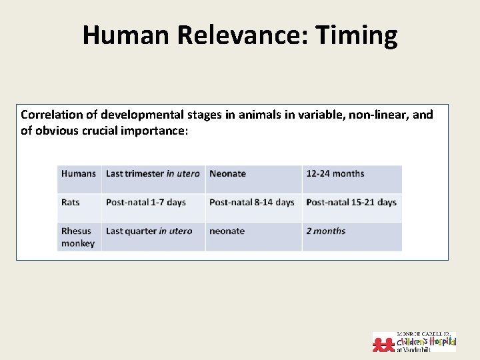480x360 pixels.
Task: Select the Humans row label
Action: click(x=79, y=173)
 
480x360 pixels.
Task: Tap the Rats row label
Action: click(x=71, y=202)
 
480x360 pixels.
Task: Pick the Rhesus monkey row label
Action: click(x=79, y=237)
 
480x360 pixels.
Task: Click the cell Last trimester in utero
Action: click(x=153, y=173)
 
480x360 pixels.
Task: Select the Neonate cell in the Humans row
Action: click(x=227, y=173)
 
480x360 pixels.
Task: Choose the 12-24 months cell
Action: click(x=335, y=173)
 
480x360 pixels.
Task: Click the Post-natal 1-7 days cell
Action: click(x=145, y=202)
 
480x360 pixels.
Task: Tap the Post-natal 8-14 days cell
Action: click(x=251, y=202)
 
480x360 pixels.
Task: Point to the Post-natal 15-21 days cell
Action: click(x=351, y=202)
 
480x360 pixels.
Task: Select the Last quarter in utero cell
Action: click(x=149, y=231)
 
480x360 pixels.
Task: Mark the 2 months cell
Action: click(x=325, y=231)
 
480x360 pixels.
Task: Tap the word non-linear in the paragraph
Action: click(x=378, y=115)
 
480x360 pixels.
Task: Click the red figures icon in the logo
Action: click(x=384, y=343)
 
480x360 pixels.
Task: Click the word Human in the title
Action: click(x=127, y=35)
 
